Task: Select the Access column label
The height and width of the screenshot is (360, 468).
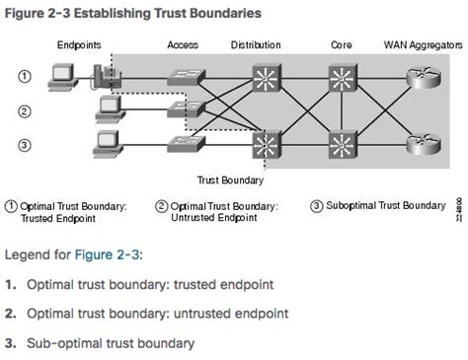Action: point(183,45)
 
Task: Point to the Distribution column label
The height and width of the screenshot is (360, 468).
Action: point(255,45)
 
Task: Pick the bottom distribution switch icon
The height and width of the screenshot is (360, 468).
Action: point(265,147)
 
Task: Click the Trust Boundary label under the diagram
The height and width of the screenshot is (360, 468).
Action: point(230,181)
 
